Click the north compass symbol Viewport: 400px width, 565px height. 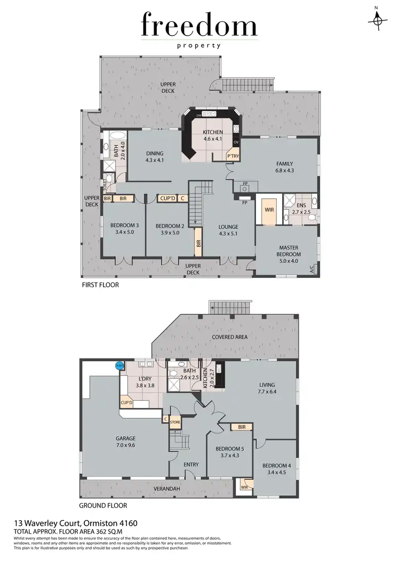pos(378,18)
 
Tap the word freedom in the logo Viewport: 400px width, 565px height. pos(199,26)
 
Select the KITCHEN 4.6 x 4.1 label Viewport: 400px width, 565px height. pos(212,135)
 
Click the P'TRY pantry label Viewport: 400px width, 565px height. pos(233,156)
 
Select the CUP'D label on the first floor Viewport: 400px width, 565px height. pos(167,198)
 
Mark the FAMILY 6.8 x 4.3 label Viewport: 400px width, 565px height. pos(285,167)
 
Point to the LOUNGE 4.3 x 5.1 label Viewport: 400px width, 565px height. pos(228,230)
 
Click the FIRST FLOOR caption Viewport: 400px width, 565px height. pos(100,285)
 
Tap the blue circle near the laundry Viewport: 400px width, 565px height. pos(119,366)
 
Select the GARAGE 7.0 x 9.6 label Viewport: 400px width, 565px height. pos(126,442)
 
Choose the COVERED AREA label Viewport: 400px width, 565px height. pos(229,337)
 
